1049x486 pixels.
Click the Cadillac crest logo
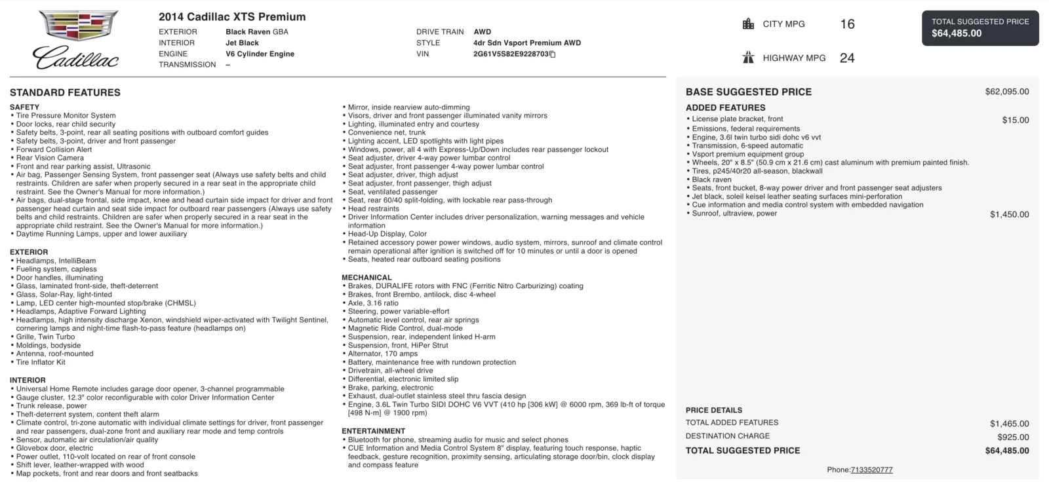(x=78, y=26)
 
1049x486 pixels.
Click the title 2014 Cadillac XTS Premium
(x=232, y=17)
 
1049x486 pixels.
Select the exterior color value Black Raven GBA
(x=257, y=31)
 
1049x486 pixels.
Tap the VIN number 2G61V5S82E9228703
(x=511, y=54)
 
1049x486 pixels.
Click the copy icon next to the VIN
(x=553, y=54)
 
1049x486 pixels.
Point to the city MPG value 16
(x=847, y=24)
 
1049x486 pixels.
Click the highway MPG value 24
(x=847, y=58)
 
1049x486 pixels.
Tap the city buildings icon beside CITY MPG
(x=748, y=24)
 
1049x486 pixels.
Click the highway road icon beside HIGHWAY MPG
(x=748, y=58)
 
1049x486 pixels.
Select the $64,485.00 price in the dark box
(x=957, y=33)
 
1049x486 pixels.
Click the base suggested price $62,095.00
(x=1006, y=92)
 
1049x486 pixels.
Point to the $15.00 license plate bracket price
(x=1015, y=121)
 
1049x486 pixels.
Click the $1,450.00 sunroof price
(x=1009, y=215)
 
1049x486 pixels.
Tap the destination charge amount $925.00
(x=1013, y=438)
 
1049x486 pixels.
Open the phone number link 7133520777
(x=871, y=470)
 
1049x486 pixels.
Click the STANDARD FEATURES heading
(x=65, y=92)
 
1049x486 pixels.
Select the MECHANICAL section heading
(x=366, y=278)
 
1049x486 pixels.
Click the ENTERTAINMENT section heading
(x=373, y=431)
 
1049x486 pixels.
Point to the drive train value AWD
(x=482, y=31)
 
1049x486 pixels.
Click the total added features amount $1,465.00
(x=1009, y=424)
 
